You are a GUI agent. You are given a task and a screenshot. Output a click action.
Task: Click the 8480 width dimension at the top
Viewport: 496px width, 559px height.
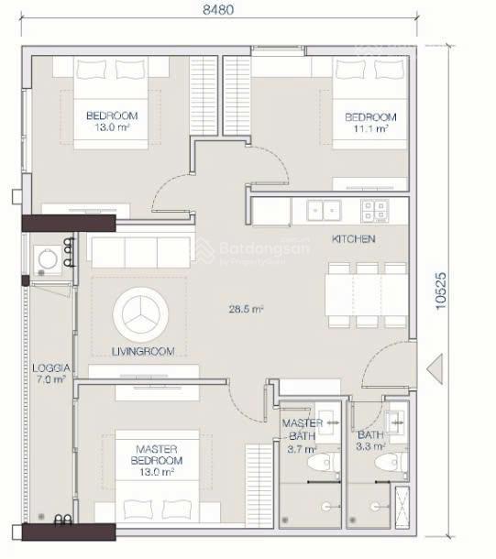(218, 10)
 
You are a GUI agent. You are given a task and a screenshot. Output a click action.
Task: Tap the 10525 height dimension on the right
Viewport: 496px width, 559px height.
(441, 290)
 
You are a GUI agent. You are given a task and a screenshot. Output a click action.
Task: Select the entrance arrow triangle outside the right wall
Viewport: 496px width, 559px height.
(435, 369)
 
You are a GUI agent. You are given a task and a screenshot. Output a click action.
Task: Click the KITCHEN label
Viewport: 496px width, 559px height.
(353, 238)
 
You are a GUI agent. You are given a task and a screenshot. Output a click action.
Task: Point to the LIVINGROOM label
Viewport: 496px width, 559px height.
(143, 352)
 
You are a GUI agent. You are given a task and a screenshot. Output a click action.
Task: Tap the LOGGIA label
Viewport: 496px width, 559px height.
(50, 367)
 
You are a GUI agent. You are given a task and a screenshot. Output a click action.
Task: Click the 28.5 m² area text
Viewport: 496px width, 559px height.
(246, 309)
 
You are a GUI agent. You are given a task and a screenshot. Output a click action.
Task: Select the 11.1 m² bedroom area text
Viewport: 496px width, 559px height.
(370, 128)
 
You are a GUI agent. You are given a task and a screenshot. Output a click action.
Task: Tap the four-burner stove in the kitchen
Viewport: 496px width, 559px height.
(374, 211)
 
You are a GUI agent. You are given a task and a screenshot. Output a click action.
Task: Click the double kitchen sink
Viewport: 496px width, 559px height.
(324, 211)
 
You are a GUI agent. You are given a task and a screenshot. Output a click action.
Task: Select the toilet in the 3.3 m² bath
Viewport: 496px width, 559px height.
(391, 463)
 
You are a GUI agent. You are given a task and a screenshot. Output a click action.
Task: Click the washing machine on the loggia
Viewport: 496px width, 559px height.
(48, 260)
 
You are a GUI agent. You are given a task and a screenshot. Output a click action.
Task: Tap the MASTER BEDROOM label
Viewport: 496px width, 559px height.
(157, 455)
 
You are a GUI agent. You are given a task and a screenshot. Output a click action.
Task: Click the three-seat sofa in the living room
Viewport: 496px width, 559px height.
(141, 252)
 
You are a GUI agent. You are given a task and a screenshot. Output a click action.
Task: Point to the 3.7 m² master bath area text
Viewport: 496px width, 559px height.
(302, 449)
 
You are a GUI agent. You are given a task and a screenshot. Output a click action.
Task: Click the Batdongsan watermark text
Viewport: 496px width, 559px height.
(265, 247)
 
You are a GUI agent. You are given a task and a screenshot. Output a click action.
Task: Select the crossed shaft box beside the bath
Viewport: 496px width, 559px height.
(402, 507)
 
